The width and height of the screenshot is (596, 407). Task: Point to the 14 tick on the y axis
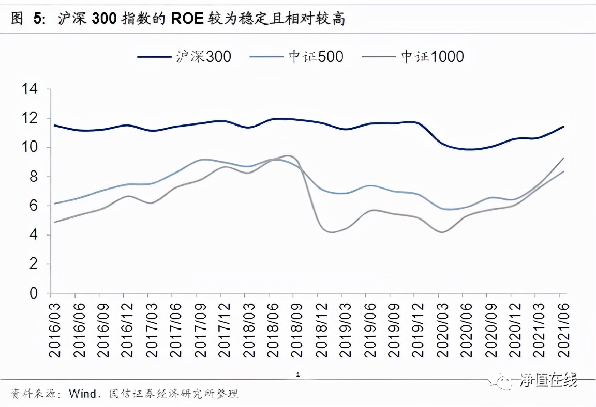[30, 89]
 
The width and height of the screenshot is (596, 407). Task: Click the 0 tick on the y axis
[34, 293]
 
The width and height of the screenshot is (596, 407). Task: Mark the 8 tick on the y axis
[34, 177]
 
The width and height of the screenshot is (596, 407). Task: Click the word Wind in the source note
[81, 394]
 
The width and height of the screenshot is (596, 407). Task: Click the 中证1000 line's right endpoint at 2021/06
[563, 158]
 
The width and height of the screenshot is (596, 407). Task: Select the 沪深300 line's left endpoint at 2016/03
[54, 126]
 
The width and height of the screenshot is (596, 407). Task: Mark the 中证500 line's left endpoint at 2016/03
[54, 203]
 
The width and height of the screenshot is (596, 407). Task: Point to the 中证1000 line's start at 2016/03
[54, 222]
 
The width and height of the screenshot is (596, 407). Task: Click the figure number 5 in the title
[38, 19]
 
